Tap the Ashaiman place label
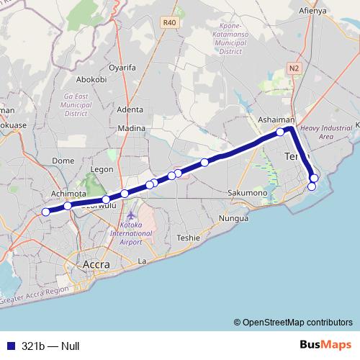[276, 120]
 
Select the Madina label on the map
[131, 128]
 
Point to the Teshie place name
[188, 238]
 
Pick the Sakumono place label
[247, 193]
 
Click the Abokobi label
[91, 80]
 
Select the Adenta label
[130, 109]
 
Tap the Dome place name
[63, 161]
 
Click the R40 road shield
[169, 23]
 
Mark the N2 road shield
[293, 68]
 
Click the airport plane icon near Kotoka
[130, 215]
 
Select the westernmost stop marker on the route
[46, 212]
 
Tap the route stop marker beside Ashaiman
[280, 132]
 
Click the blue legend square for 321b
[10, 346]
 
